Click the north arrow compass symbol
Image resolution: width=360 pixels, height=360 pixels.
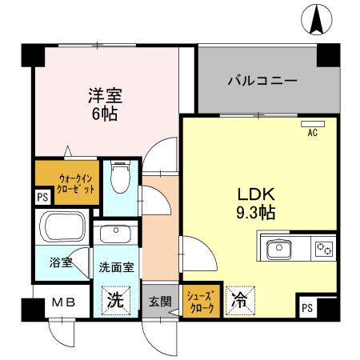tap(318, 20)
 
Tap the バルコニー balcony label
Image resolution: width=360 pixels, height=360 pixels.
tap(262, 81)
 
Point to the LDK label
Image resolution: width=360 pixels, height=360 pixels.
tap(255, 195)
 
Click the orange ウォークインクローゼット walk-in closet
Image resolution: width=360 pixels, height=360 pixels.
tap(67, 184)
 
